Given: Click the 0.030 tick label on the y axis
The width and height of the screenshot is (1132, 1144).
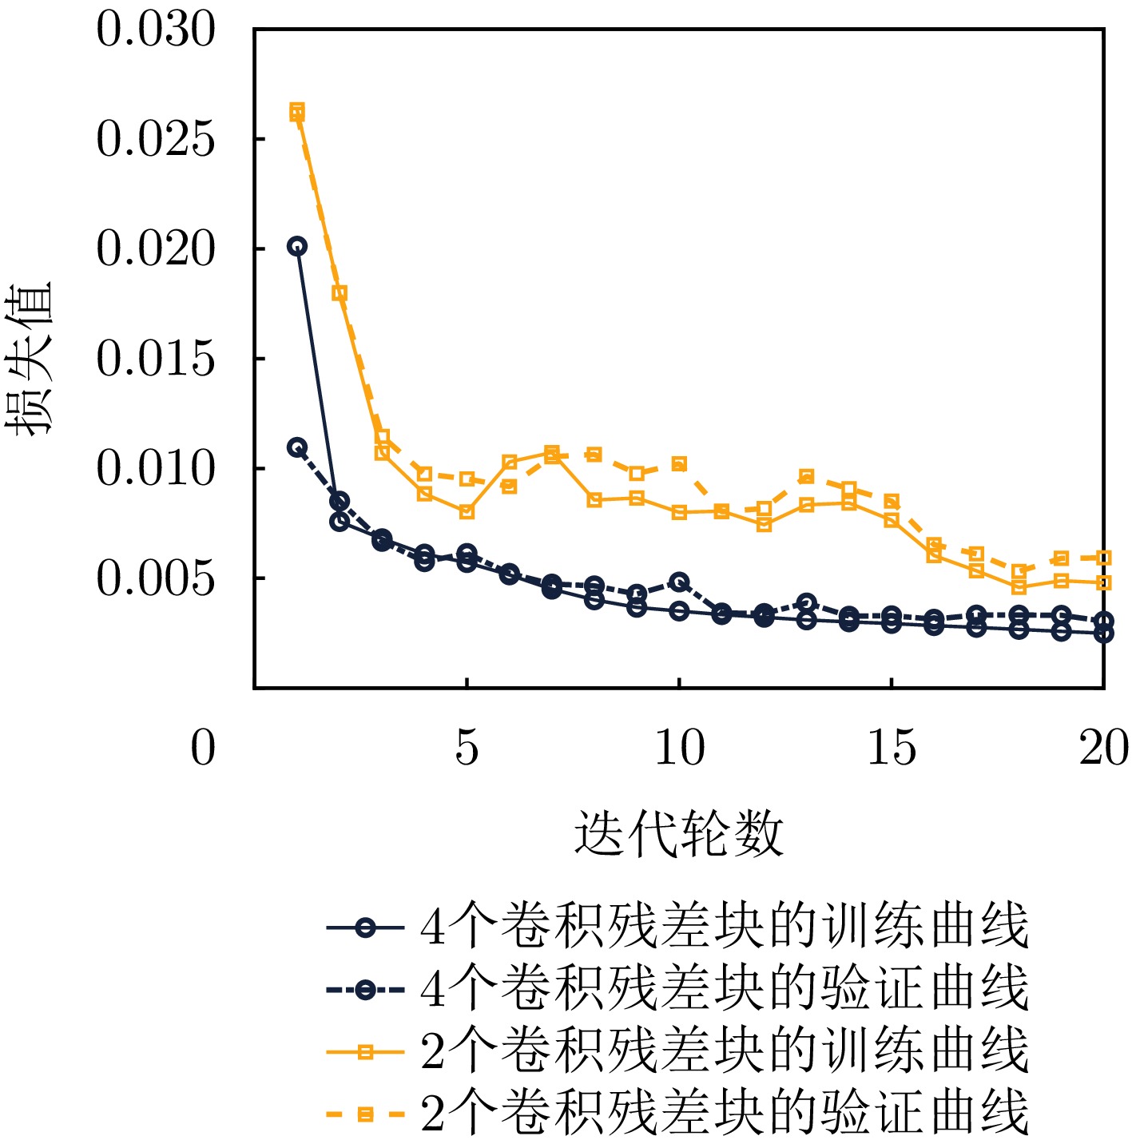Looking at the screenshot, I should point(156,30).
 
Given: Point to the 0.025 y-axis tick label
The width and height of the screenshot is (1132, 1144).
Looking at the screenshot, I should point(156,140).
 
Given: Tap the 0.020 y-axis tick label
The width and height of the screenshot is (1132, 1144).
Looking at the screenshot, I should point(156,249).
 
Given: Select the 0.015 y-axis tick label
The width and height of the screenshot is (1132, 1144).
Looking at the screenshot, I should point(156,359).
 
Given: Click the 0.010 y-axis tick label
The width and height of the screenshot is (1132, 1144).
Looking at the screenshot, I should point(156,468).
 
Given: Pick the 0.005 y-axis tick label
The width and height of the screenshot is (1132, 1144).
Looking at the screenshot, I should point(156,578).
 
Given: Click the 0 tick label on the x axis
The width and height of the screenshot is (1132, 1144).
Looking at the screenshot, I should point(203,749).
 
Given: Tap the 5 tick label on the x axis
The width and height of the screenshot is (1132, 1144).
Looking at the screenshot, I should point(467,749).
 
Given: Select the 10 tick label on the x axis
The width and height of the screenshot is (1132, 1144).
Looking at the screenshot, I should point(679,749).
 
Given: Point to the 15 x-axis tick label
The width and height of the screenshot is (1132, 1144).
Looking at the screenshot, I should point(892,749).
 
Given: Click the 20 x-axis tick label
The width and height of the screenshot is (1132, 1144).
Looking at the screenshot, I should point(1103,749).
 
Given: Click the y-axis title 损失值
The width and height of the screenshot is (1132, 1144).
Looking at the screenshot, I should point(30,359).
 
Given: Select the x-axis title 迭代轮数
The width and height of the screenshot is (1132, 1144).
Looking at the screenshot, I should point(679,834).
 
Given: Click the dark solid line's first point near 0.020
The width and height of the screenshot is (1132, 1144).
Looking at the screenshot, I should point(297,246).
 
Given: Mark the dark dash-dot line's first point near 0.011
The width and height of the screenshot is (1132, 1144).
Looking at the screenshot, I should point(297,447).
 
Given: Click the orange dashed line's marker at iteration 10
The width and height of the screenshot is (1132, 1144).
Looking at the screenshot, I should point(679,464).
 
